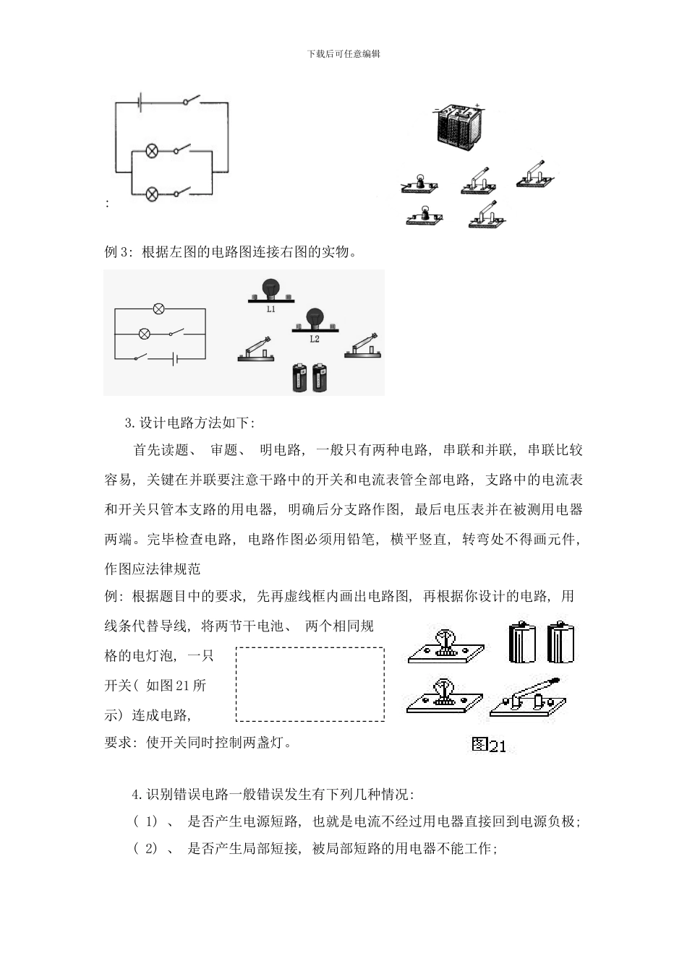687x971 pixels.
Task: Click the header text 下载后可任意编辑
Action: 343,53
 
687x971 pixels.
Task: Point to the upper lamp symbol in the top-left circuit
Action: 153,151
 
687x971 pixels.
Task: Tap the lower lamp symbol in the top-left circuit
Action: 153,194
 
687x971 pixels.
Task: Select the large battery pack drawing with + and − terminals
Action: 454,127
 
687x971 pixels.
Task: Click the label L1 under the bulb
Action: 270,309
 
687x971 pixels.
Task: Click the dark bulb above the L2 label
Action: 315,317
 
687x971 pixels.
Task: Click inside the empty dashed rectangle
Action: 310,684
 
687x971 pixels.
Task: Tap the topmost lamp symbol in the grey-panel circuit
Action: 159,309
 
